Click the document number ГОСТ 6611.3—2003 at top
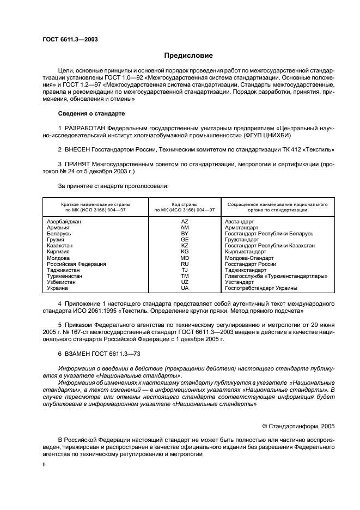click(70, 39)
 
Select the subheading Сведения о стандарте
click(91, 113)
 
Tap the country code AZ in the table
click(185, 222)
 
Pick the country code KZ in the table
click(185, 246)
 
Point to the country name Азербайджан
click(64, 222)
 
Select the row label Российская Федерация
click(76, 264)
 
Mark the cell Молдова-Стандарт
click(249, 258)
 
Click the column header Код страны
click(185, 204)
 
